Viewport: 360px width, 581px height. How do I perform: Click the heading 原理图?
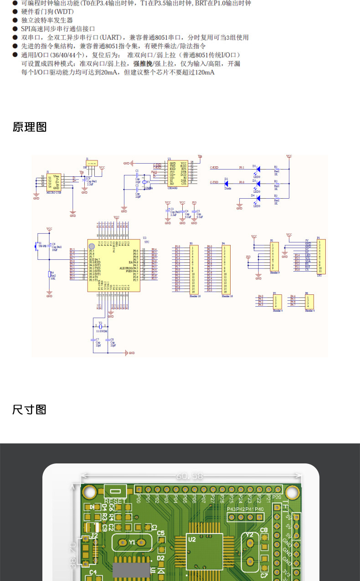point(30,127)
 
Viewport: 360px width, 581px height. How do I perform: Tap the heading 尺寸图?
point(30,410)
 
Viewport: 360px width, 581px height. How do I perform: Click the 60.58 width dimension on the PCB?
point(189,476)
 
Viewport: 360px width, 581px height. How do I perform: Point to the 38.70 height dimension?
point(73,554)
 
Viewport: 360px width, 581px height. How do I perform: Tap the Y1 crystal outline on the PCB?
point(131,542)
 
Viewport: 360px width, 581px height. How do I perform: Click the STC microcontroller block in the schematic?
point(113,265)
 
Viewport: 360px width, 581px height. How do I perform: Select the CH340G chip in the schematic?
point(177,173)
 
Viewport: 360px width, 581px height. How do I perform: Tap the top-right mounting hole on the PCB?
point(292,493)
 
